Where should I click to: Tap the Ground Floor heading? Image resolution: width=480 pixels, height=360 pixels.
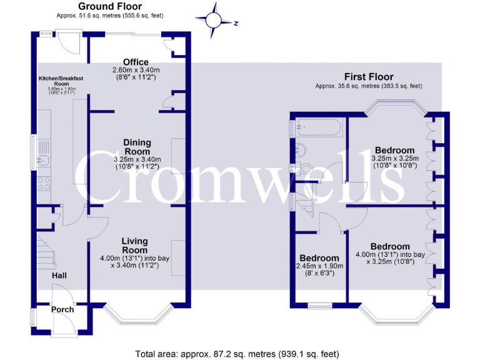110,6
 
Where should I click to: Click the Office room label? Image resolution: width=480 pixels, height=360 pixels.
136,62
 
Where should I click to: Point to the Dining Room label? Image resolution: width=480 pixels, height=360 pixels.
136,147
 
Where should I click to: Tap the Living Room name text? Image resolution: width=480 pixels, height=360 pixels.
135,246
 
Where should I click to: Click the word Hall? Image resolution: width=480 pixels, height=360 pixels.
60,276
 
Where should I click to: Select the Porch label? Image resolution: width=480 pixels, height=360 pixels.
62,309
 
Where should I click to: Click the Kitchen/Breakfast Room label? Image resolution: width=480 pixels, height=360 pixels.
61,81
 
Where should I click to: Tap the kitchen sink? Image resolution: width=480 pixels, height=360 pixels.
44,161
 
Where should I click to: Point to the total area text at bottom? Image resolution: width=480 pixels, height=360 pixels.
237,353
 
